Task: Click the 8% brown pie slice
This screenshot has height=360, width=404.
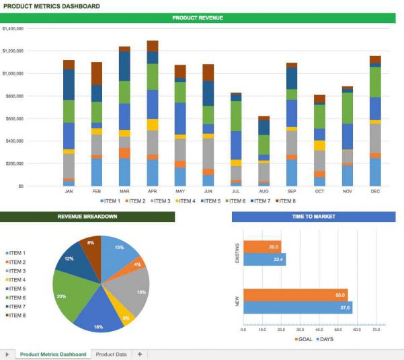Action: point(90,246)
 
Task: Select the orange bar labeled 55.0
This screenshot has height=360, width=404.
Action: point(295,295)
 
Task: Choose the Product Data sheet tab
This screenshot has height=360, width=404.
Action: point(111,354)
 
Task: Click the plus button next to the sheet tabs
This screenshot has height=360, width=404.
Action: point(140,354)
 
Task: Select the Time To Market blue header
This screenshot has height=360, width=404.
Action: point(313,217)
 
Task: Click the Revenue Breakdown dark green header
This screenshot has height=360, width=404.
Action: point(87,217)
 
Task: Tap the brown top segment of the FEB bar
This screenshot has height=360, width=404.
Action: point(97,73)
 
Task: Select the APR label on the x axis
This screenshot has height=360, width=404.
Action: point(153,191)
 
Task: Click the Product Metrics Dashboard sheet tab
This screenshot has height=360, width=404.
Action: point(52,354)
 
